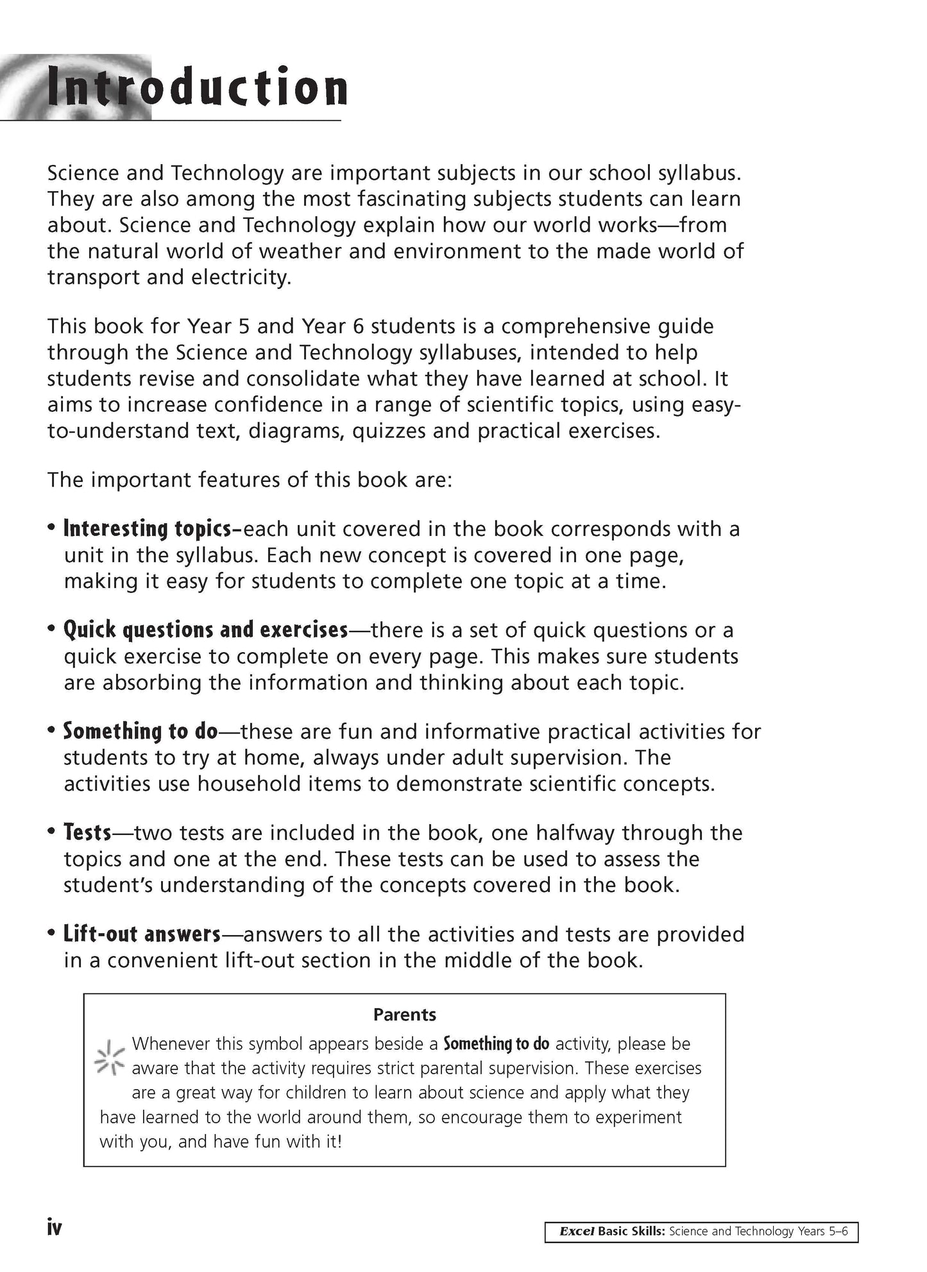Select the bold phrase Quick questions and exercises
[205, 630]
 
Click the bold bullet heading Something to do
[140, 731]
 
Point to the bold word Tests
[87, 832]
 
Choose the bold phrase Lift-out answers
[142, 934]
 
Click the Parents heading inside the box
[404, 1015]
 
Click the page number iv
[55, 1228]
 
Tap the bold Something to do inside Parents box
[496, 1044]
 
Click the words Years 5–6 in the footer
[824, 1232]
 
